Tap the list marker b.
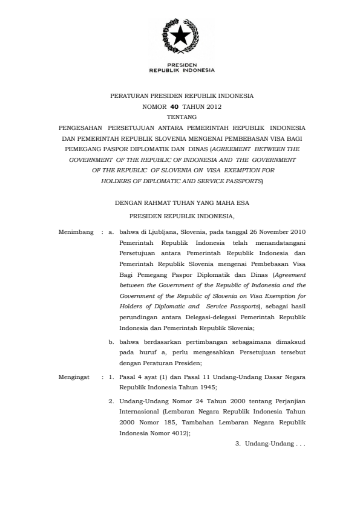[x=111, y=342]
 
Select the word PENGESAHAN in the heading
[x=79, y=128]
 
